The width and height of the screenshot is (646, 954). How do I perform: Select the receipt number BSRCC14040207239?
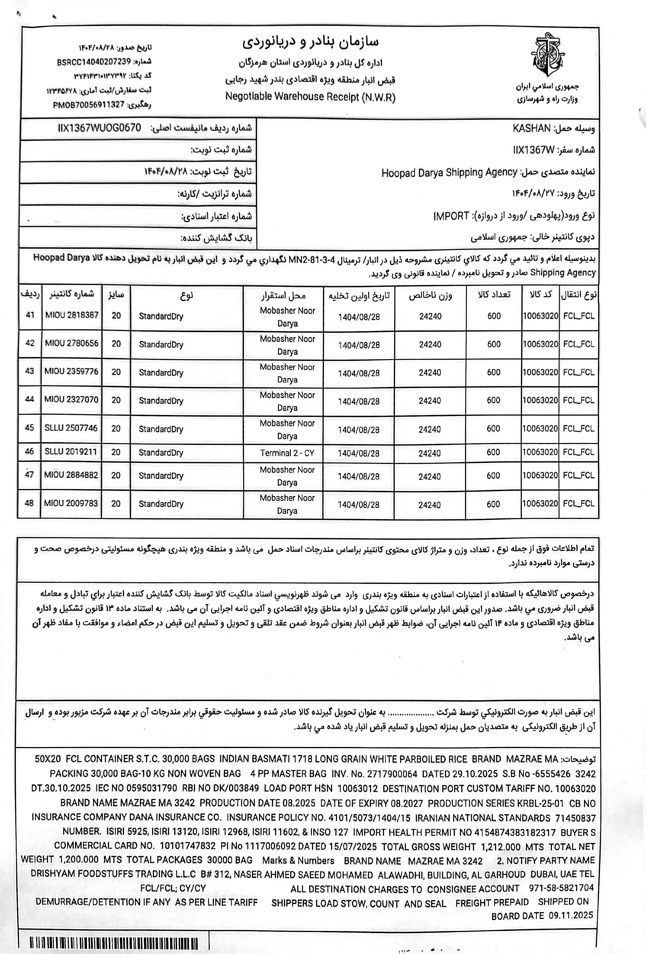coord(94,61)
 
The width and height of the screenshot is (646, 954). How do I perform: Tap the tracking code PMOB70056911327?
coord(88,105)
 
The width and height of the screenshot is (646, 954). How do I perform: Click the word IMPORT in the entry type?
coord(451,216)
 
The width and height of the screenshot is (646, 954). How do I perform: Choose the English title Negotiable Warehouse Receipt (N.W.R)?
coord(310,97)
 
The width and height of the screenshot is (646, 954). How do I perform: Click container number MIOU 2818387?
coord(72,315)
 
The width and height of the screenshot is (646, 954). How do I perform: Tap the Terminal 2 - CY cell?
coord(287,453)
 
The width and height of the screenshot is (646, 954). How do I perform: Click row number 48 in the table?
coord(29,503)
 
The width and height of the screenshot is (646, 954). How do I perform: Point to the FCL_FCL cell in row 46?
coord(578,452)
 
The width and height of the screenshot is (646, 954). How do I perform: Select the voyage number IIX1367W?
coord(533,150)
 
